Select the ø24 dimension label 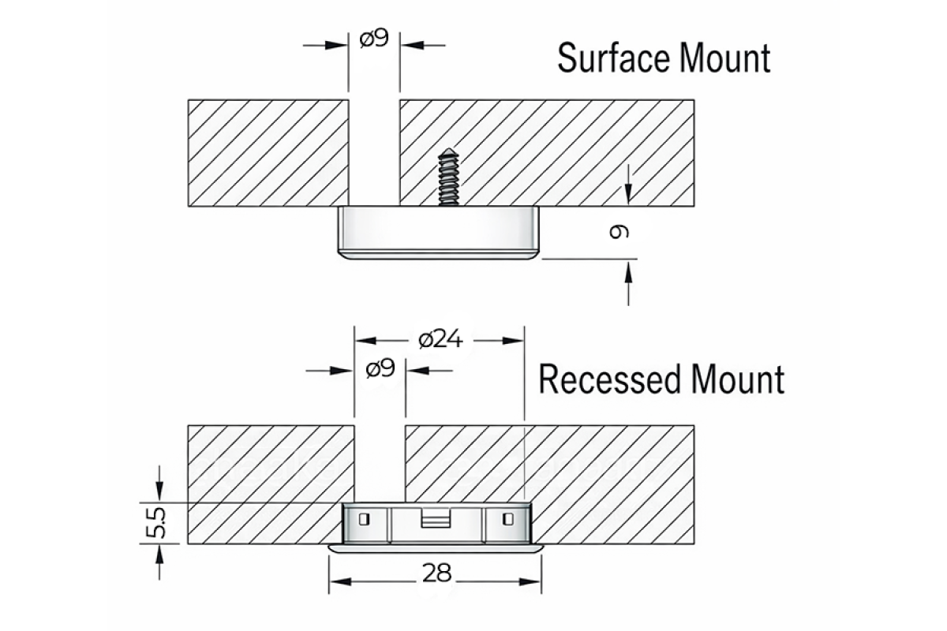point(440,340)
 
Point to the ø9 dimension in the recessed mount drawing point(380,369)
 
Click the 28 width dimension point(436,573)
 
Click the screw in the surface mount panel point(447,177)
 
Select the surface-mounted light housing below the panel point(438,233)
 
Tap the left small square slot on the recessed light point(363,518)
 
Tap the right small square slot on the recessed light point(508,518)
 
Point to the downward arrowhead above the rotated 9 point(628,194)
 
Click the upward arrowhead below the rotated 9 point(628,271)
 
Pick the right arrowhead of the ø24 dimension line point(516,341)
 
